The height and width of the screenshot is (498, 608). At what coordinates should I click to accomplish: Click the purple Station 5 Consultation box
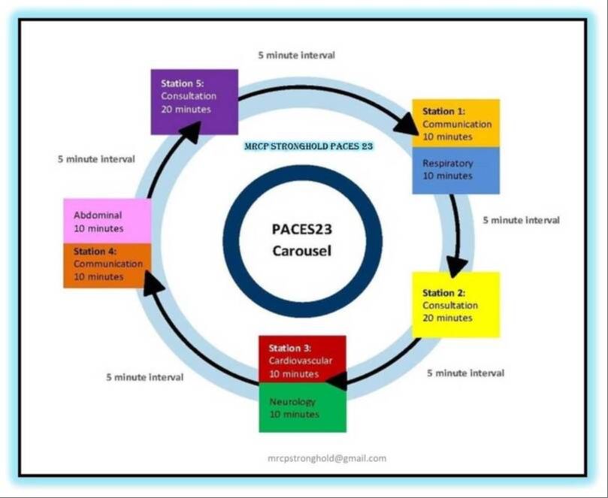click(194, 101)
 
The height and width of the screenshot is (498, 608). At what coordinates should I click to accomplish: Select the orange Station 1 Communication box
click(455, 123)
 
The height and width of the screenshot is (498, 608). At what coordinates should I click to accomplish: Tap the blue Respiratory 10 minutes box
click(455, 170)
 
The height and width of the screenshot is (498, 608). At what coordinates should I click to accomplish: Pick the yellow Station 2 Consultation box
click(455, 304)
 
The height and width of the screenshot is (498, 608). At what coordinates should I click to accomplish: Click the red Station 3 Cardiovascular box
click(301, 360)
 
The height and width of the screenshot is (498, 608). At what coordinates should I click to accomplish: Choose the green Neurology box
click(301, 408)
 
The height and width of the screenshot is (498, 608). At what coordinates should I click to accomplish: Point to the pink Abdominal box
click(107, 221)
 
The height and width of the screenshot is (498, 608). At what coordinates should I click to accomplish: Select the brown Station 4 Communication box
click(107, 264)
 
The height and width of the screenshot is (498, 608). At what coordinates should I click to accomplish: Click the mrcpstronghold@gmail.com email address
click(327, 457)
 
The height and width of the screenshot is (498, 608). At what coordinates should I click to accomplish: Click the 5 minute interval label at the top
click(296, 55)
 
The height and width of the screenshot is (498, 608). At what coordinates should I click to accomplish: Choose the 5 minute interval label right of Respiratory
click(521, 220)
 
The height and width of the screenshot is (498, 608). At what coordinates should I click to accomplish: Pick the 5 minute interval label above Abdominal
click(96, 158)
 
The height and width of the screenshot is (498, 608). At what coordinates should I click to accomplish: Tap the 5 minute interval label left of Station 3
click(144, 376)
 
